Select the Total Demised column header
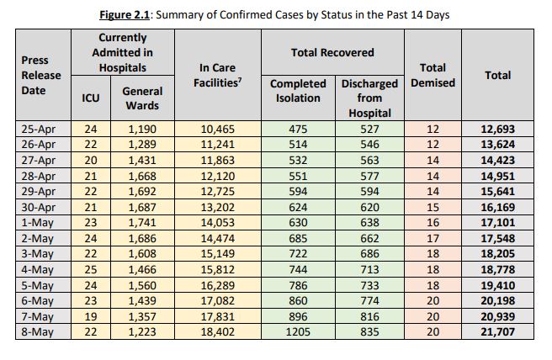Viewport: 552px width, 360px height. [431, 75]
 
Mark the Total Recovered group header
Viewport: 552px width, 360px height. [331, 52]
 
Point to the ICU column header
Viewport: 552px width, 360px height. [91, 98]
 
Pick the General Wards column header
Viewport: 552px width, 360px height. [142, 98]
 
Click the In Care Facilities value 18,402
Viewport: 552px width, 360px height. [217, 332]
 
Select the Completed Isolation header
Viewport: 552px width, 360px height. [298, 91]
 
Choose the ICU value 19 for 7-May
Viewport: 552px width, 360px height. [91, 320]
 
